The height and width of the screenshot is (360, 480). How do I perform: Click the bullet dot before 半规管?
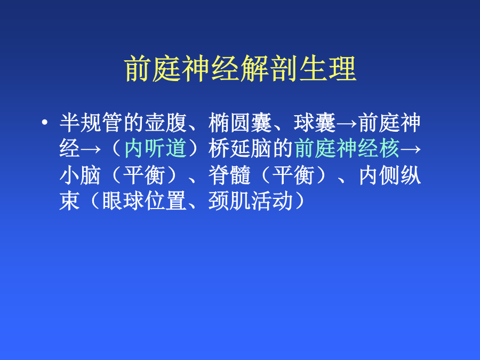coord(45,123)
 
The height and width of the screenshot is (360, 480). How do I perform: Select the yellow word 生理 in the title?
coord(327,69)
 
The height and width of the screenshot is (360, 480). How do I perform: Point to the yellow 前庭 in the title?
coord(153,69)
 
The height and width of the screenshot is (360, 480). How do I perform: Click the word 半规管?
coord(91,123)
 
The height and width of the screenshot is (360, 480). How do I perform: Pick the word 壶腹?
coord(165,123)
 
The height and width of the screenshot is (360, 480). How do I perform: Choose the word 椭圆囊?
coord(239,123)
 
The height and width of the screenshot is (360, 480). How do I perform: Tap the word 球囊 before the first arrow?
coord(315,123)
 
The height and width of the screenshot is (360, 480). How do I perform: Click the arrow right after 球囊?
coord(347,124)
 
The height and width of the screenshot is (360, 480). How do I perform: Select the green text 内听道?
coord(155,148)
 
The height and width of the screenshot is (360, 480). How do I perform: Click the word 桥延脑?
coord(239,148)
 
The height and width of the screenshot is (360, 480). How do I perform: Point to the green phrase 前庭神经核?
coord(347,148)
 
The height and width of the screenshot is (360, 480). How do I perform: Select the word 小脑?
coord(80,175)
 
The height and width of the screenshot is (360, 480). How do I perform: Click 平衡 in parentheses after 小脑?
coord(144,175)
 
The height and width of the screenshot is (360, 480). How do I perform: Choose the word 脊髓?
coord(229,175)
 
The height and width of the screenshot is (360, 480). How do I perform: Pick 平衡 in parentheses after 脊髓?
coord(293,175)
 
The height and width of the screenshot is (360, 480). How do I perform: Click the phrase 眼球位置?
coord(144,201)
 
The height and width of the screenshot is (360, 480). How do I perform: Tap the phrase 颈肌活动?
coord(251,201)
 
